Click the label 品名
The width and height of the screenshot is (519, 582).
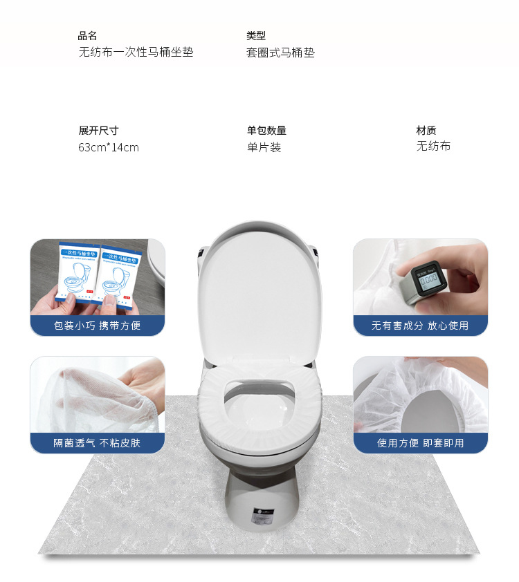[88, 36]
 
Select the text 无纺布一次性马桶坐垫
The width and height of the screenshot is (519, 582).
[136, 53]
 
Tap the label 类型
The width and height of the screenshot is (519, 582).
[256, 36]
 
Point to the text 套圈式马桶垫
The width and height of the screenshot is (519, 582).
[280, 53]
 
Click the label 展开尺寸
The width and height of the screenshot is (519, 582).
[98, 131]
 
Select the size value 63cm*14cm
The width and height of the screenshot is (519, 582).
[109, 147]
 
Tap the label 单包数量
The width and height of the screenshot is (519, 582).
[266, 131]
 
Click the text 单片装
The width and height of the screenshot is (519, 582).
[264, 147]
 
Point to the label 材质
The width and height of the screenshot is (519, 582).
[426, 131]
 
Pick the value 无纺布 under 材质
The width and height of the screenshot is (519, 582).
[433, 147]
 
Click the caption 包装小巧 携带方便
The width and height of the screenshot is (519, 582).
[97, 325]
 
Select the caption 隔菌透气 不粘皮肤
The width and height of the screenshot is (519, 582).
[97, 443]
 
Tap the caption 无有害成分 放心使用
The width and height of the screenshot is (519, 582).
[420, 325]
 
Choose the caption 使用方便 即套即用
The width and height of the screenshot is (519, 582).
[420, 443]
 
